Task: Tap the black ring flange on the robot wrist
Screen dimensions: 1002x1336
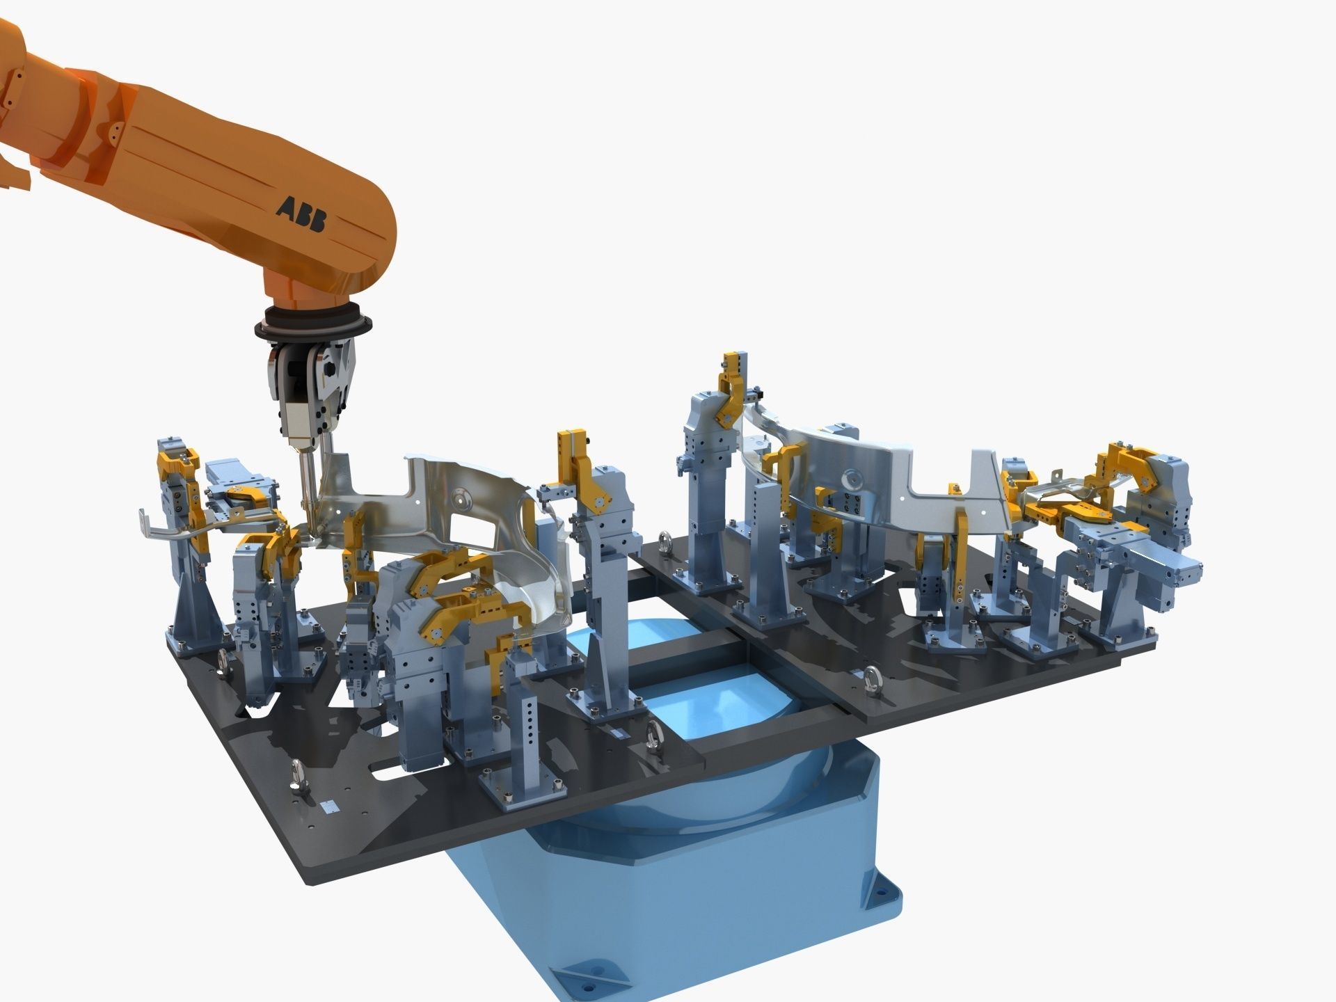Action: pos(313,327)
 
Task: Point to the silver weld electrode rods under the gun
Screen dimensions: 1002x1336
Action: pos(306,480)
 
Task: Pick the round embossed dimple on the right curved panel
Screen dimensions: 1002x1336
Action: pos(853,479)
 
